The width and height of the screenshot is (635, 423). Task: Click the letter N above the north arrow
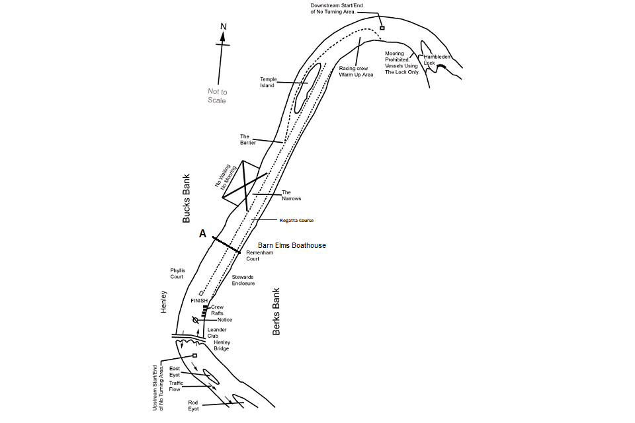pyautogui.click(x=224, y=26)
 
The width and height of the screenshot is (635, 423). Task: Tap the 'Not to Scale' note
pyautogui.click(x=217, y=96)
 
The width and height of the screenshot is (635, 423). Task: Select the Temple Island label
pyautogui.click(x=267, y=82)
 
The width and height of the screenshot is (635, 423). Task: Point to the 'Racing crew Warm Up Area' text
pyautogui.click(x=356, y=71)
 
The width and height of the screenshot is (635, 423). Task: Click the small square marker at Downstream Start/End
pyautogui.click(x=382, y=28)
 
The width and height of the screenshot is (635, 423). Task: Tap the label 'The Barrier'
pyautogui.click(x=248, y=139)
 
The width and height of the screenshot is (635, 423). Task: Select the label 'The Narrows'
pyautogui.click(x=291, y=196)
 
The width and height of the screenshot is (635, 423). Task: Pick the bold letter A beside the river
pyautogui.click(x=202, y=233)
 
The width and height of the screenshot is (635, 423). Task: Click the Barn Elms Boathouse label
pyautogui.click(x=292, y=245)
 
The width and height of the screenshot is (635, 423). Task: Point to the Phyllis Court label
pyautogui.click(x=177, y=274)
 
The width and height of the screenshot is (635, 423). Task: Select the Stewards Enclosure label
pyautogui.click(x=243, y=280)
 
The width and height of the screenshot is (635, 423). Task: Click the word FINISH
pyautogui.click(x=199, y=301)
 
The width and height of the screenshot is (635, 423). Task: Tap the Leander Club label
pyautogui.click(x=217, y=332)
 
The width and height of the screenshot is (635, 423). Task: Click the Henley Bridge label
pyautogui.click(x=222, y=345)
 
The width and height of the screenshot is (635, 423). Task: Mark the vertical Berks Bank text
pyautogui.click(x=276, y=311)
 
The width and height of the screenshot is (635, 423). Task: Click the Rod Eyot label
pyautogui.click(x=193, y=405)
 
